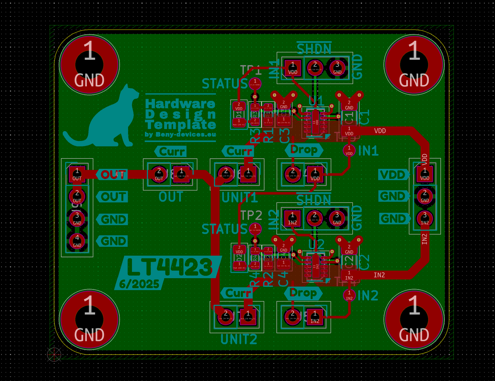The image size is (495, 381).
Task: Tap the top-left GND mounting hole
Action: (89, 64)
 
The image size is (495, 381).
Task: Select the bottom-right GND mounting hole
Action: (414, 319)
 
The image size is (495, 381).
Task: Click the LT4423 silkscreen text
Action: (170, 267)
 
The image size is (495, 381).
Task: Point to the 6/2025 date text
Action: (139, 284)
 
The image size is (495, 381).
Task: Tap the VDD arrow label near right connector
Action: (393, 175)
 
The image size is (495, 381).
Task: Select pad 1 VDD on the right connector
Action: (425, 174)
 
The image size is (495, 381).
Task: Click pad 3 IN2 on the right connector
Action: (425, 218)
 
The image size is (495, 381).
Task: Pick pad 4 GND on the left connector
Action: (77, 241)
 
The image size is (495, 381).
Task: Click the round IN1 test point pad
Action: (349, 150)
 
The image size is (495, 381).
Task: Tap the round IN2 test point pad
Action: (349, 295)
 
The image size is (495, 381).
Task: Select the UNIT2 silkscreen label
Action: (239, 339)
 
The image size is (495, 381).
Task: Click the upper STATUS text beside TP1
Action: (224, 84)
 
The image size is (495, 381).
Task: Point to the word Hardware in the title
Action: (180, 103)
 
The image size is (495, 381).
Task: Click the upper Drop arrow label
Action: (304, 150)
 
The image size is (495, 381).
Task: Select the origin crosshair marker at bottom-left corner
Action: (54, 354)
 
